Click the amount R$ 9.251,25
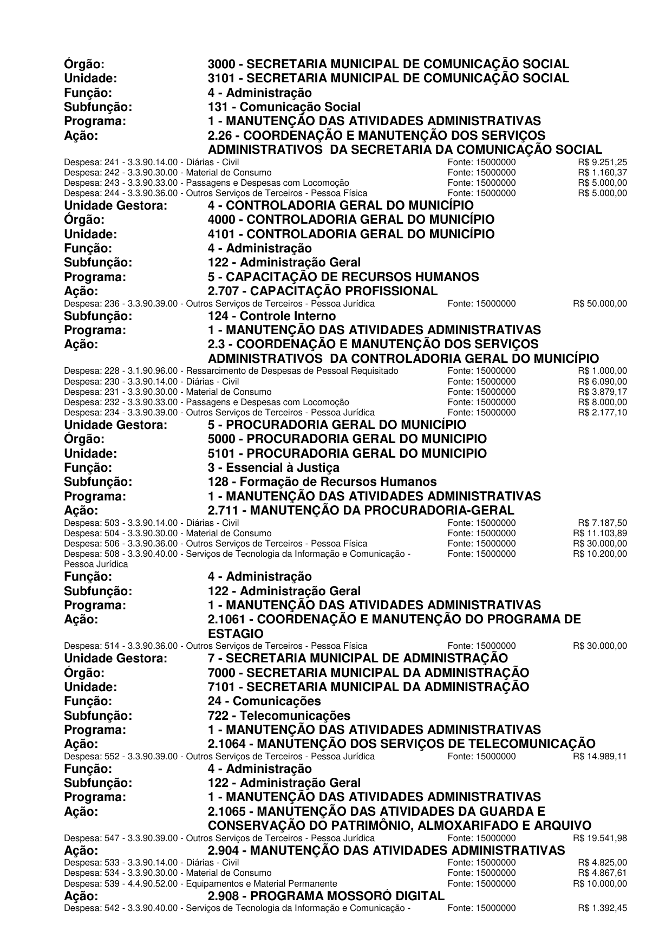[x=602, y=162]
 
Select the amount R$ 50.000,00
[x=600, y=304]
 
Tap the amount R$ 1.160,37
[x=602, y=172]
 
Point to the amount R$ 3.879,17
[x=602, y=392]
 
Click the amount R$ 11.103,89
[x=600, y=533]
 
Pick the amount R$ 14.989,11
[x=600, y=757]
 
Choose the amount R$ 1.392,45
[x=602, y=908]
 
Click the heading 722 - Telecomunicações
[x=279, y=715]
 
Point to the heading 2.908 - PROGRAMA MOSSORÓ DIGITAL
[x=326, y=896]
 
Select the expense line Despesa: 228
[x=231, y=371]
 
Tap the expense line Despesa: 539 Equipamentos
[x=200, y=883]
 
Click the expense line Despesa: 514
[x=216, y=646]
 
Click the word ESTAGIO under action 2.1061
[x=236, y=634]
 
